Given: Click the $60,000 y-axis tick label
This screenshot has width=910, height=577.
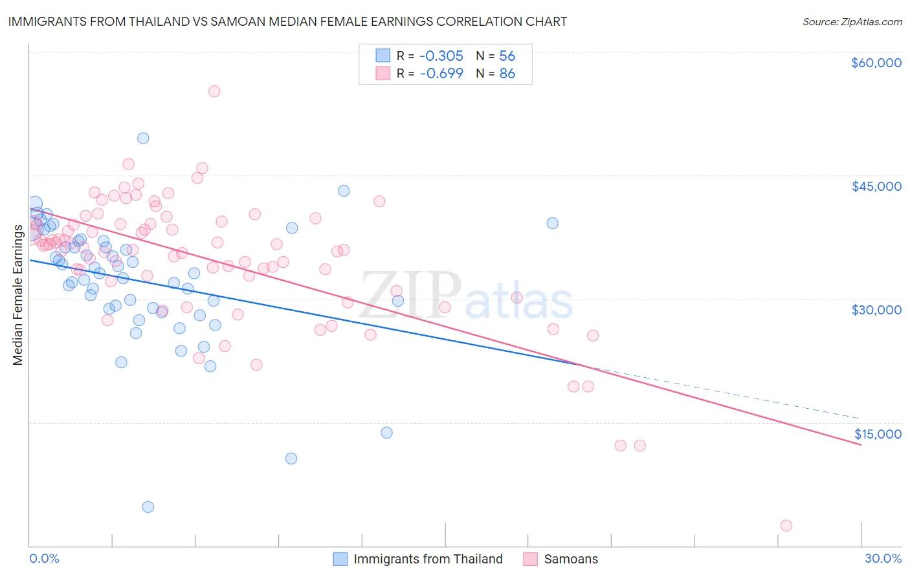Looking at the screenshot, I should [x=876, y=63].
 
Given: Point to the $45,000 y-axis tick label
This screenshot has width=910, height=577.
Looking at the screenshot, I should [x=876, y=186].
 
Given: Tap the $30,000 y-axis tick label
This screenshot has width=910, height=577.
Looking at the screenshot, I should [x=876, y=310].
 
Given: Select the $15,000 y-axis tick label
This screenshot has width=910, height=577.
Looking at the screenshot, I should [x=878, y=433].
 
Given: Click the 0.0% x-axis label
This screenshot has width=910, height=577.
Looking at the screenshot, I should [x=44, y=558].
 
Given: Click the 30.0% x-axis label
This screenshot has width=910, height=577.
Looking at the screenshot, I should [x=883, y=558].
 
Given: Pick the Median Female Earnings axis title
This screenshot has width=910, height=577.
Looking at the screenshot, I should [x=18, y=295].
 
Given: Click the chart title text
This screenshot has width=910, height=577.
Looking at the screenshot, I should [x=287, y=21].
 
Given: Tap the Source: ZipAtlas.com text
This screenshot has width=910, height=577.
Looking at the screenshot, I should [x=852, y=21].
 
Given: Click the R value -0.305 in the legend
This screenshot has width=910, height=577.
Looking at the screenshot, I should [x=441, y=56].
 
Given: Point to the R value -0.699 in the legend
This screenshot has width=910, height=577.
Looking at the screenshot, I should [x=441, y=73].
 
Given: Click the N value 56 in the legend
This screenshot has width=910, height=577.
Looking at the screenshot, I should [x=507, y=56].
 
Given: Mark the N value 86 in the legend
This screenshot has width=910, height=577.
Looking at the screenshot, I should [x=507, y=73].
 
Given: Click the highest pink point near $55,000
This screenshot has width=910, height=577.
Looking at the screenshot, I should [x=214, y=91].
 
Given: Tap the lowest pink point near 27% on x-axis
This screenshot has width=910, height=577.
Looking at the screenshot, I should [x=786, y=525].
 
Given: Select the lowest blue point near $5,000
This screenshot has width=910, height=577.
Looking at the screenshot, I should [x=148, y=506].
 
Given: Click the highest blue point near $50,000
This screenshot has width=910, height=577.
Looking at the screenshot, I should [x=143, y=138].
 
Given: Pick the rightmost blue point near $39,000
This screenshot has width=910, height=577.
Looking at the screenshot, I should [x=552, y=223].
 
